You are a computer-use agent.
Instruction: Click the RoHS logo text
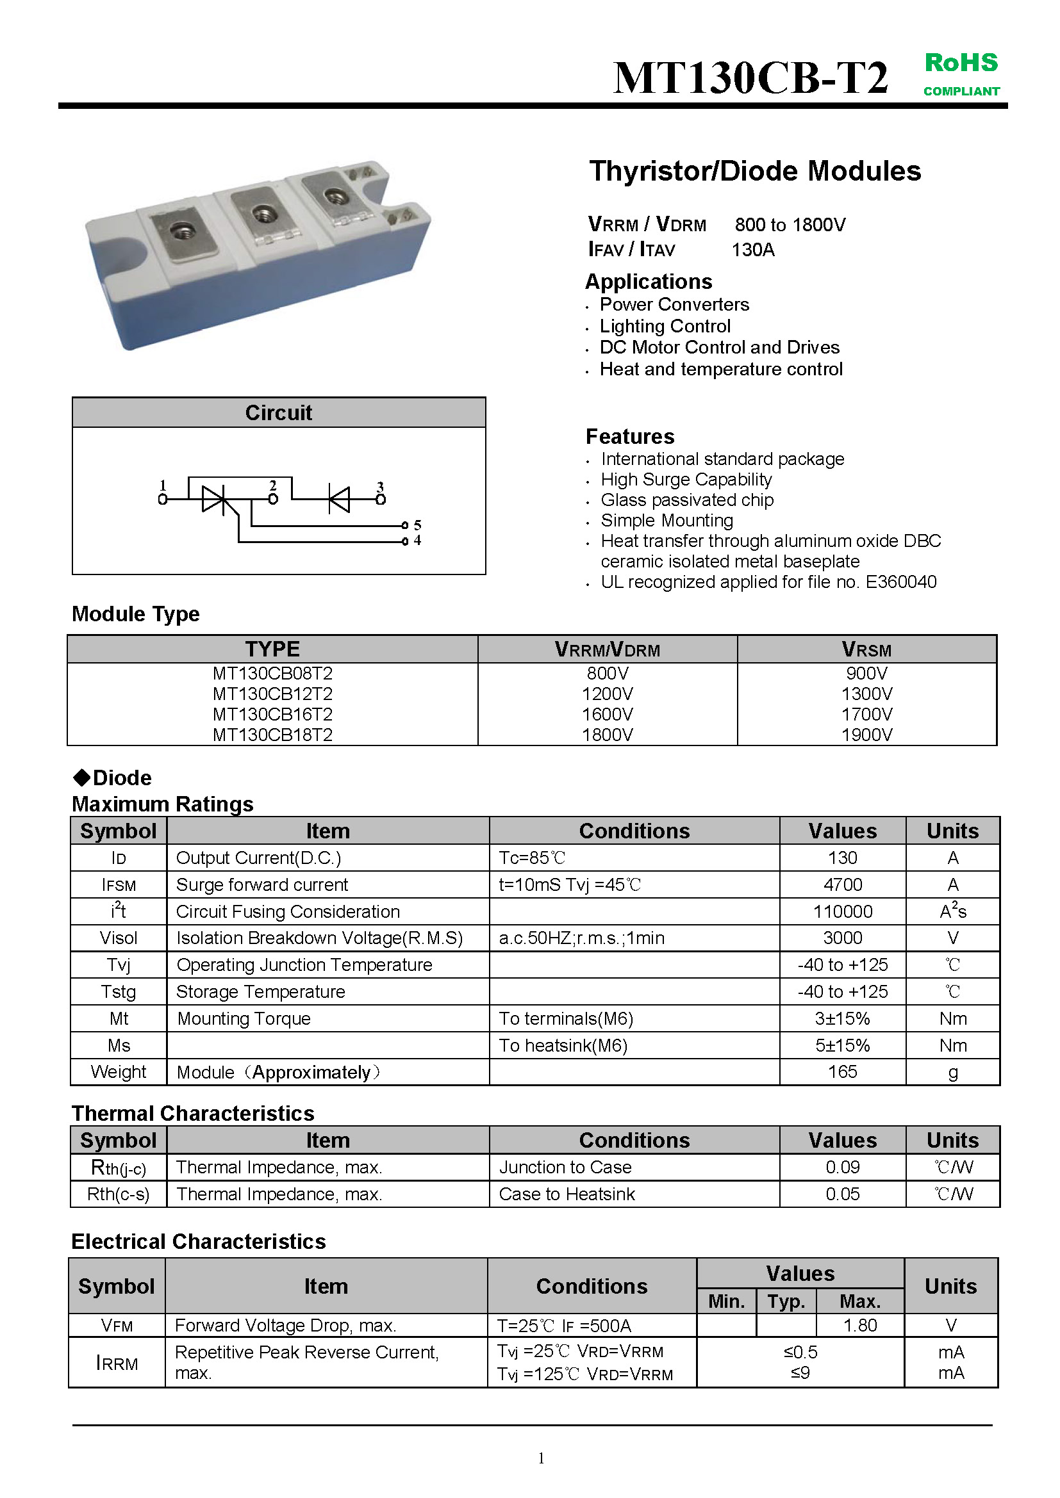961,63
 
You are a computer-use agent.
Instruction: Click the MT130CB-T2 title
750,78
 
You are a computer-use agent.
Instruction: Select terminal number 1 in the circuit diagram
163,499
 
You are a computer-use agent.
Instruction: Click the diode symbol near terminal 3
339,499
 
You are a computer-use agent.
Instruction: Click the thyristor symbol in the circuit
214,499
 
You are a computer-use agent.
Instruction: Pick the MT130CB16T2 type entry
272,715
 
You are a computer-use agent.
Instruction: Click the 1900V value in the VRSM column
866,735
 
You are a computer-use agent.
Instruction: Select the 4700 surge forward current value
842,884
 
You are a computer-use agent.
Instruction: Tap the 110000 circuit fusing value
842,911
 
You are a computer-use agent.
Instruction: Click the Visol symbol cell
118,938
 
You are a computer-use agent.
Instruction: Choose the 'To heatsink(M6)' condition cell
563,1046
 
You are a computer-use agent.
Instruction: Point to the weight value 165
842,1072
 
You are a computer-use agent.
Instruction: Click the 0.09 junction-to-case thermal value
842,1168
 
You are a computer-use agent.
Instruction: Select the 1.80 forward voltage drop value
859,1326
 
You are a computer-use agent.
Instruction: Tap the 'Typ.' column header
786,1301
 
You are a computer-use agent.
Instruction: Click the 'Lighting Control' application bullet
665,326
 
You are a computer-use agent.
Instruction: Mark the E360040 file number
900,582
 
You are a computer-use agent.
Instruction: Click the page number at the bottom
541,1458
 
